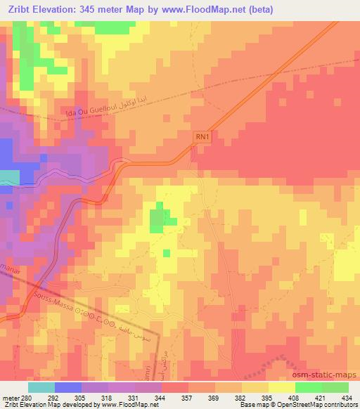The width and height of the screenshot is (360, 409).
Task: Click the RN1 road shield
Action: point(203,138)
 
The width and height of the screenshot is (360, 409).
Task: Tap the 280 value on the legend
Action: point(26,397)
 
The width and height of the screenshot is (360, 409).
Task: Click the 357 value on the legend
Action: point(186,397)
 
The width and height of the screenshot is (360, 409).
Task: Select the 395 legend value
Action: point(266,397)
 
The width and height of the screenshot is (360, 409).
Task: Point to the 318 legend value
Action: point(106,397)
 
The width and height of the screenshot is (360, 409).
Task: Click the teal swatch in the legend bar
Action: point(41,387)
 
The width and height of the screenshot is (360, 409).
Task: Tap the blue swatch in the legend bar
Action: point(68,387)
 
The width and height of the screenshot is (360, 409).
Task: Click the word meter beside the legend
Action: point(9,397)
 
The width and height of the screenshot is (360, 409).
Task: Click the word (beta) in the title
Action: point(259,10)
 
